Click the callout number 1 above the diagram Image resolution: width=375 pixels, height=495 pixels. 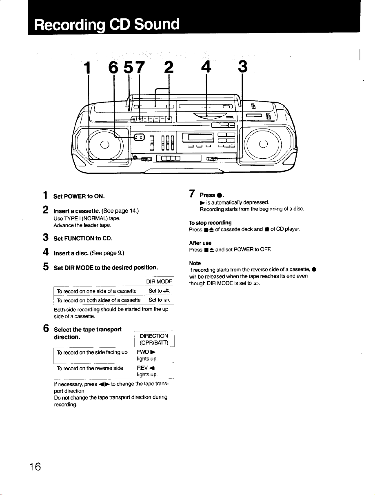point(87,67)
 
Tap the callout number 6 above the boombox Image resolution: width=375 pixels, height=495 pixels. point(113,67)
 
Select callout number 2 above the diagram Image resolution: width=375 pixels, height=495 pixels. point(169,67)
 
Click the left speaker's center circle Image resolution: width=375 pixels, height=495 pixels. point(104,144)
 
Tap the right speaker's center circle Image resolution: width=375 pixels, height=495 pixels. point(263,144)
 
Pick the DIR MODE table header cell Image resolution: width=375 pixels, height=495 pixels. point(159,282)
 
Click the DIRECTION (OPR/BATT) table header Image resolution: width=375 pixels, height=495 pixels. point(154,339)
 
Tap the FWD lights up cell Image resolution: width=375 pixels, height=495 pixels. point(154,355)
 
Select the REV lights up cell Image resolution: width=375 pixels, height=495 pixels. point(154,371)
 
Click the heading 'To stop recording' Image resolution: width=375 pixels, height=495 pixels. point(210,223)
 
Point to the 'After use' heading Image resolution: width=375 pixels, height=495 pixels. point(200,243)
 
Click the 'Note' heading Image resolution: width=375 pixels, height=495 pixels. point(195,263)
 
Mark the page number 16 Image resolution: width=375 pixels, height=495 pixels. point(35,467)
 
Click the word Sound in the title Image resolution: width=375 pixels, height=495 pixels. point(157,24)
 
